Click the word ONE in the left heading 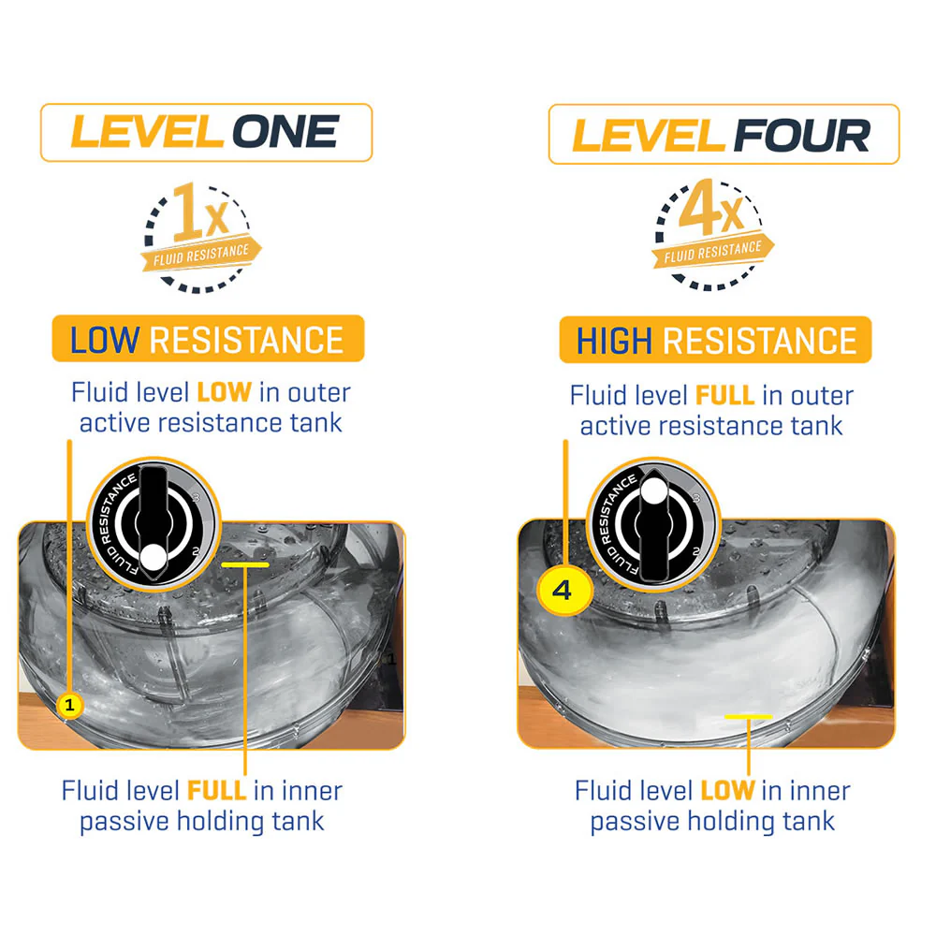pos(285,132)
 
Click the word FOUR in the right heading pos(802,136)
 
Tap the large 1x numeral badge pos(200,212)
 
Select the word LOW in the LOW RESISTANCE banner pos(105,340)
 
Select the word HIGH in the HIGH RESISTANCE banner pos(614,341)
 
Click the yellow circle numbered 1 pos(70,705)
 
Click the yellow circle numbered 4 pos(562,591)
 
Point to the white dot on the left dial pos(154,558)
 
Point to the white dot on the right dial pos(654,490)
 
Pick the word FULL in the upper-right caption pos(725,395)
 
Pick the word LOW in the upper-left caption pos(225,392)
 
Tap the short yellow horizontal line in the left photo pos(244,564)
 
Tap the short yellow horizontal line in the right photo pos(748,716)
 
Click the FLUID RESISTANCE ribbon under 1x pos(201,255)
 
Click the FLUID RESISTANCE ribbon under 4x pos(712,251)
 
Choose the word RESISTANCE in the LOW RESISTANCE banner pos(246,340)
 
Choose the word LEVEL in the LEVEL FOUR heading pos(649,136)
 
